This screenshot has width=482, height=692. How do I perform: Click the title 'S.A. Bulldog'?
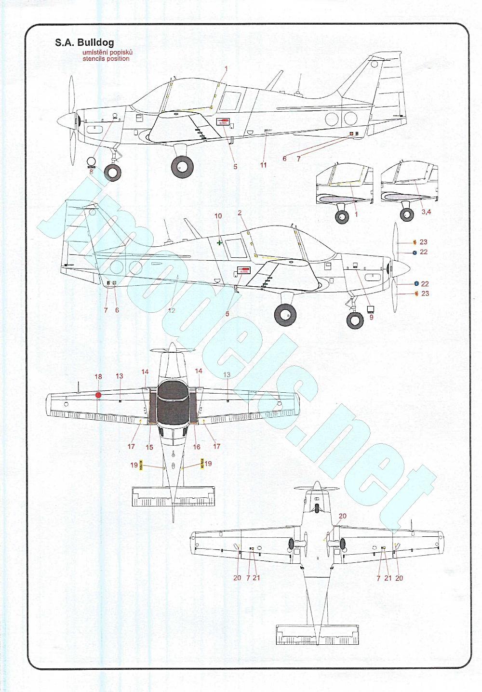click(x=84, y=43)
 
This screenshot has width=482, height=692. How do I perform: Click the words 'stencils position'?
click(x=106, y=59)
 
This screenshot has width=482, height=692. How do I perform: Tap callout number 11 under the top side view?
click(x=263, y=165)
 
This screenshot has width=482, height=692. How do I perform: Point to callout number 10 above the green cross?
click(x=218, y=216)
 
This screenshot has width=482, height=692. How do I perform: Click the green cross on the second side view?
click(x=220, y=243)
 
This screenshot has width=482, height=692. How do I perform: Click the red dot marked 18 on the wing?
click(x=98, y=395)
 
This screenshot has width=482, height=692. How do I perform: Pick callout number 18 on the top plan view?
click(x=98, y=377)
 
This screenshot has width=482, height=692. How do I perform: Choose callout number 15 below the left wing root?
click(x=149, y=447)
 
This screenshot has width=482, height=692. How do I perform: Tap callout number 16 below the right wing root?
click(x=196, y=447)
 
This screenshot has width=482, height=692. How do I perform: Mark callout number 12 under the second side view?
click(x=172, y=311)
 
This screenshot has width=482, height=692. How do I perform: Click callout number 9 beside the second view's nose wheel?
click(x=371, y=318)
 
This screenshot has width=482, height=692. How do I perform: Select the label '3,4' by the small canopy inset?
click(x=426, y=212)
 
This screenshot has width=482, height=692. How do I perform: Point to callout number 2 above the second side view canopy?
click(x=240, y=213)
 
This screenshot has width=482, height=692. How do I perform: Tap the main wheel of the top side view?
click(x=182, y=167)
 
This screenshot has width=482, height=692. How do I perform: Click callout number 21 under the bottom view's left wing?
click(x=256, y=578)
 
